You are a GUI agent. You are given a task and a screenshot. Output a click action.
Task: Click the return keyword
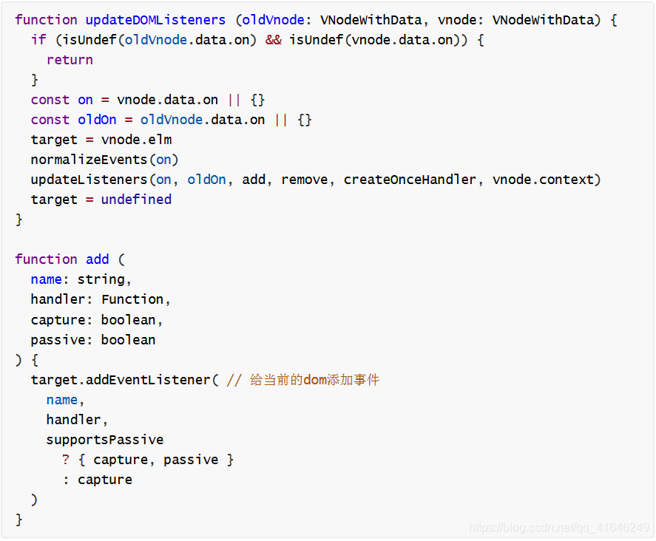[70, 60]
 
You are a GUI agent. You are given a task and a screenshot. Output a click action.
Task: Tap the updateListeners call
[89, 180]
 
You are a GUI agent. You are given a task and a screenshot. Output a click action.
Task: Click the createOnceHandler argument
[410, 180]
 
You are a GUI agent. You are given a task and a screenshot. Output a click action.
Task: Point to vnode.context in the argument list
[547, 180]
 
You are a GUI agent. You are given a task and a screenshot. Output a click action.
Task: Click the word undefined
[136, 200]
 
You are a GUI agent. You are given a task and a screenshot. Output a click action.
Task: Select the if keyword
[38, 40]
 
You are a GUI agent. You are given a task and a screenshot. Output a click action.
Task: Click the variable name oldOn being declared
[97, 120]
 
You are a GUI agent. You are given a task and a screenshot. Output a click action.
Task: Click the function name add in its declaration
[97, 259]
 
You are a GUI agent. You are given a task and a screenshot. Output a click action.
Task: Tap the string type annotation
[104, 279]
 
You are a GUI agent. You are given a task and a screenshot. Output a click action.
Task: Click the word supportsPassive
[104, 440]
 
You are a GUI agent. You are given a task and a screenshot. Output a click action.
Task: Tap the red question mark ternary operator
[66, 460]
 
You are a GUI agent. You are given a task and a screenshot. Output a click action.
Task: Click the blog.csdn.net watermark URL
[559, 528]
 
